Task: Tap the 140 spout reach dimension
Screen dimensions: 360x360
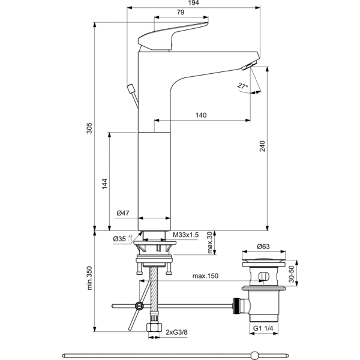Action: point(201,115)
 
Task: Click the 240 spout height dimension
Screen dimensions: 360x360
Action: point(262,148)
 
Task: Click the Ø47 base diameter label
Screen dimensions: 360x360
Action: point(124,213)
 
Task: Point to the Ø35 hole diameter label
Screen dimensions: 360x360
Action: point(122,239)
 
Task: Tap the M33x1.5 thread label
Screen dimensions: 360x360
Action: point(185,235)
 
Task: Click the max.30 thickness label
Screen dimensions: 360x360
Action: point(209,243)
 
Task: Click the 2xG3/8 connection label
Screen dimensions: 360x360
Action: point(176,331)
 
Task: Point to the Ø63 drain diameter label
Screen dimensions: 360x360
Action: point(265,247)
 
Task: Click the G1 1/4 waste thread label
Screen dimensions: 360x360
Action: point(265,328)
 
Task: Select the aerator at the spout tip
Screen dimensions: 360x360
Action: point(250,64)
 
